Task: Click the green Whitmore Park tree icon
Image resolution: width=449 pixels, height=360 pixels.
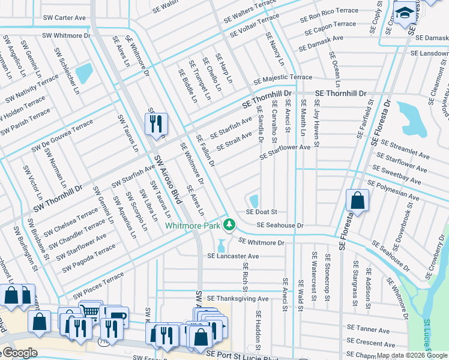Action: point(228,224)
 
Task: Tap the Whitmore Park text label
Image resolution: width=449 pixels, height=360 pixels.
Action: point(193,225)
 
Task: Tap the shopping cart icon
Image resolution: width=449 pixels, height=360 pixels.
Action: point(89,311)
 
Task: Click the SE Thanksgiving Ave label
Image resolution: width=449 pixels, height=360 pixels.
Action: point(238,298)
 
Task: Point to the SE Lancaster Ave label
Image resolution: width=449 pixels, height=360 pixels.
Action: point(233,256)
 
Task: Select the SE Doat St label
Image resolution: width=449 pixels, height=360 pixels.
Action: point(261,212)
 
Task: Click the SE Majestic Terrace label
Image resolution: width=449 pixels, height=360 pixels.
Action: point(283,78)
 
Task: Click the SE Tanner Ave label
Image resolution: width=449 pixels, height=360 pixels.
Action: point(369,329)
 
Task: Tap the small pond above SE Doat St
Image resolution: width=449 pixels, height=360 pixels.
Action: point(253,200)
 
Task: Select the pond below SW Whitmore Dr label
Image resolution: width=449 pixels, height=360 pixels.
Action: point(84,73)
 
